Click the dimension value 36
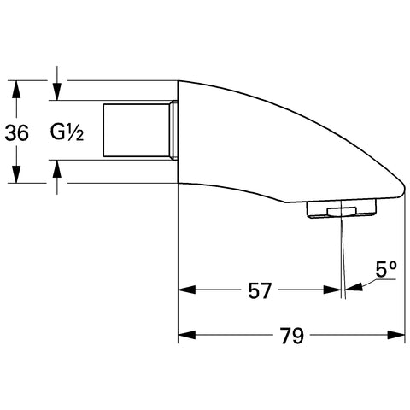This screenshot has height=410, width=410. (x=17, y=132)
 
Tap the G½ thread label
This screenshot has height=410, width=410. (x=67, y=132)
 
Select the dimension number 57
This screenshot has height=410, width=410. (x=260, y=290)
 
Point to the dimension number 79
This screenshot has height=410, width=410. (x=291, y=336)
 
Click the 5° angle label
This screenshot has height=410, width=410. (x=386, y=269)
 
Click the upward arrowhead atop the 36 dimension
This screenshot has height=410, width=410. (x=16, y=90)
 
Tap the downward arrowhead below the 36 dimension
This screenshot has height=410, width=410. (x=16, y=174)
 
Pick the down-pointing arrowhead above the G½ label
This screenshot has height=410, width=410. (x=57, y=91)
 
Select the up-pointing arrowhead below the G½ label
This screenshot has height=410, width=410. (x=57, y=169)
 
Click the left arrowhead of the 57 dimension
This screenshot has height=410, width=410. (x=187, y=290)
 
